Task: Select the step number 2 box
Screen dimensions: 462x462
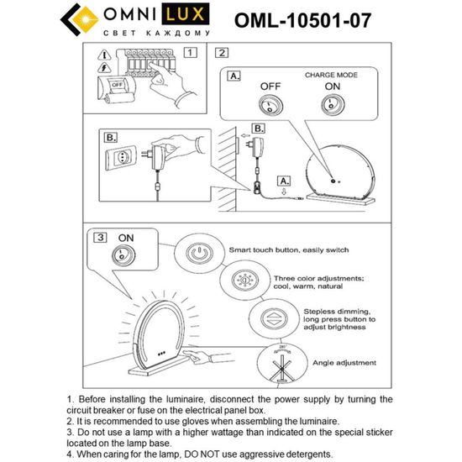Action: point(222,53)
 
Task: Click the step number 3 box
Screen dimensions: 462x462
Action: point(101,238)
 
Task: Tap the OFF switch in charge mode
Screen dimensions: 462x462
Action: point(271,106)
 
